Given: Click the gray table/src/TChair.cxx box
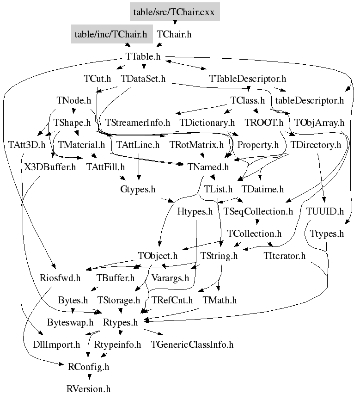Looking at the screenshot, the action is (175, 12).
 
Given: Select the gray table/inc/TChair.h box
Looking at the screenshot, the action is (112, 34).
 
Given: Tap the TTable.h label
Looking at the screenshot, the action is (143, 56).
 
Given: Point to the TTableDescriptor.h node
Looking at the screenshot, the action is (248, 79).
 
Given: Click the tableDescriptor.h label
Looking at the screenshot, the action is (310, 100).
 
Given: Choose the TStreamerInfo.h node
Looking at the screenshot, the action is (138, 123).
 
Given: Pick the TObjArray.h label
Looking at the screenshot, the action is (319, 123).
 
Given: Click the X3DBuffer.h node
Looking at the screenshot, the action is (50, 167).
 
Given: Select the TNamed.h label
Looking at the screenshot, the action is (208, 167).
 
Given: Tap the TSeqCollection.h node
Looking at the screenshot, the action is (258, 211).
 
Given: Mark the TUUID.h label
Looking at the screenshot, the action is (325, 211).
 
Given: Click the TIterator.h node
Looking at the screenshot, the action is (285, 256).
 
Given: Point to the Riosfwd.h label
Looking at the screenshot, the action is (60, 278).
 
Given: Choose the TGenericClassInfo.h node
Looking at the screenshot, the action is (192, 345).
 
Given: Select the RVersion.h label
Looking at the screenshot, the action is (88, 389).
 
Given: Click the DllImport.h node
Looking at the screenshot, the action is (56, 345).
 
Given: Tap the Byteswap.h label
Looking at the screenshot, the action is (70, 322).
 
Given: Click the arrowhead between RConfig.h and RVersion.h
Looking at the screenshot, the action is (89, 377).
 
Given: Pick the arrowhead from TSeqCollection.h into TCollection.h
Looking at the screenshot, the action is (257, 222).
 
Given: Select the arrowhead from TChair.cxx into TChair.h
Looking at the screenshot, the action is (175, 23).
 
